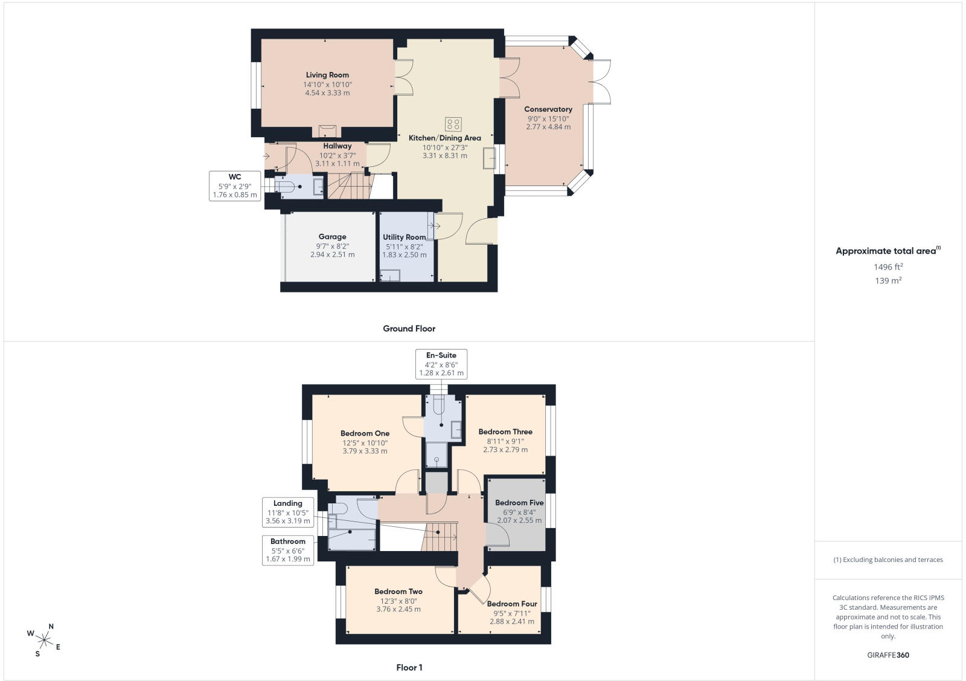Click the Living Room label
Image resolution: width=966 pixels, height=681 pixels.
pyautogui.click(x=327, y=75)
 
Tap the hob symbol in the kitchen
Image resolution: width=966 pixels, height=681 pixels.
pyautogui.click(x=453, y=124)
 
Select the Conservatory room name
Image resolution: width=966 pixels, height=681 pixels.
pyautogui.click(x=548, y=109)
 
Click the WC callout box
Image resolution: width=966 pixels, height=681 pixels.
pyautogui.click(x=235, y=186)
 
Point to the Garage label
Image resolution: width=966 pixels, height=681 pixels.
pyautogui.click(x=332, y=236)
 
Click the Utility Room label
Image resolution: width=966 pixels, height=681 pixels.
pyautogui.click(x=404, y=237)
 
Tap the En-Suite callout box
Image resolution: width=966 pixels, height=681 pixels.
pyautogui.click(x=441, y=364)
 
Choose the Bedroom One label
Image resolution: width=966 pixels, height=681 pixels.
pyautogui.click(x=365, y=433)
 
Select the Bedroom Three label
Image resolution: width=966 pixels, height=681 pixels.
pyautogui.click(x=505, y=431)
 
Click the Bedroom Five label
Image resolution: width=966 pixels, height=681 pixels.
pyautogui.click(x=519, y=503)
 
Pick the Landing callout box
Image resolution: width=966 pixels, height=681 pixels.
pyautogui.click(x=287, y=512)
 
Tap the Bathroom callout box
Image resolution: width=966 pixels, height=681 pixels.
pyautogui.click(x=287, y=550)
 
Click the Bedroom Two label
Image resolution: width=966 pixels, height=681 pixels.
pyautogui.click(x=398, y=592)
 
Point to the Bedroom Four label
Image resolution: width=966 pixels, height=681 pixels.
pyautogui.click(x=512, y=604)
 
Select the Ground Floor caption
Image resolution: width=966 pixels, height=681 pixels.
pyautogui.click(x=409, y=329)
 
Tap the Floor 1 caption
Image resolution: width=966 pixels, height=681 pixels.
pyautogui.click(x=409, y=668)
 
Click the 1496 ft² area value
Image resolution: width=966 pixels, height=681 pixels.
pyautogui.click(x=888, y=266)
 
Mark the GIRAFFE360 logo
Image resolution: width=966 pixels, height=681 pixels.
pyautogui.click(x=888, y=655)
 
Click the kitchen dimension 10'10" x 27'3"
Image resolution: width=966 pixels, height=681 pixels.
pyautogui.click(x=444, y=147)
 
